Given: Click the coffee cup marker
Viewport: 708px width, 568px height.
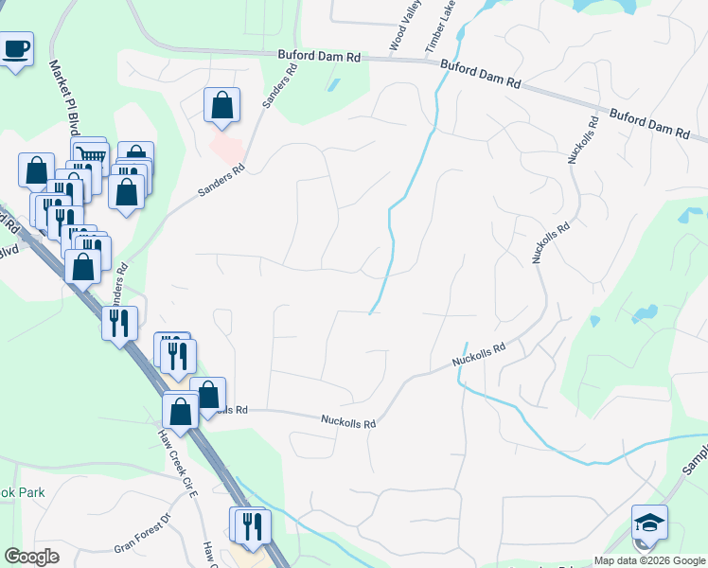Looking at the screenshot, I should coord(16,49).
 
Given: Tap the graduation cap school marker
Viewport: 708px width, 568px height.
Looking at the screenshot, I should coord(649,522).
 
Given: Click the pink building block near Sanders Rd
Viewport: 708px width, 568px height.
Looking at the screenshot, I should coord(226,147).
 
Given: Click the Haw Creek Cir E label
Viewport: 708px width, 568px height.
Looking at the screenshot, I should coord(177,464).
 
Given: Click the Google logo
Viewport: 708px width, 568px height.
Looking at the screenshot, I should coord(32,557).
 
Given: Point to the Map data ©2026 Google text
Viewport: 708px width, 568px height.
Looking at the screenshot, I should coord(648,560).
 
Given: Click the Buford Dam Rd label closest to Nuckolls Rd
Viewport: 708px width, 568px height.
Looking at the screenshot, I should coord(648,124).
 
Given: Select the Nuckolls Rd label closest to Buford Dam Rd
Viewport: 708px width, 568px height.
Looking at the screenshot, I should coord(583,139).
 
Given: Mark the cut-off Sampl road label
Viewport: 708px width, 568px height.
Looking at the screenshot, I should coord(694,458).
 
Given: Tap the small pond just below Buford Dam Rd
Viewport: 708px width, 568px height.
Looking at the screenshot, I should coord(332,85).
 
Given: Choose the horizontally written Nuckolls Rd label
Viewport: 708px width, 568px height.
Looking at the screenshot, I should coord(348,420).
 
